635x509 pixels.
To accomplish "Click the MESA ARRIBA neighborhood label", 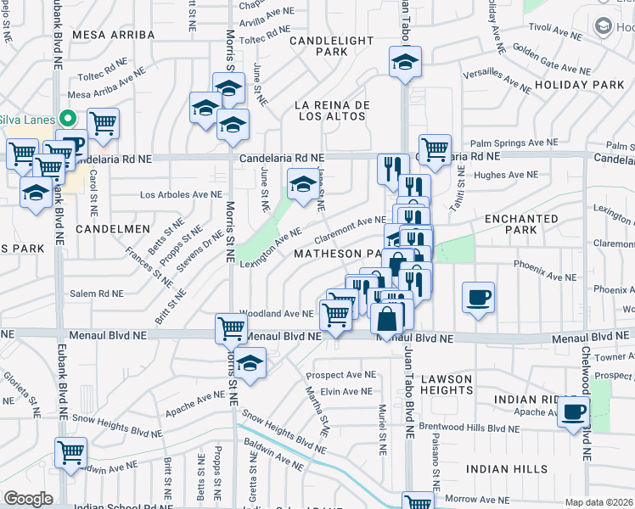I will point(114,35).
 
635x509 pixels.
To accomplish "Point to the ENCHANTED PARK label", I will point(522,224).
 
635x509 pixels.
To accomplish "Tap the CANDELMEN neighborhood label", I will point(113,229).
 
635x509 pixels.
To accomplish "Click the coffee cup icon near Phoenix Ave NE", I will point(478,297).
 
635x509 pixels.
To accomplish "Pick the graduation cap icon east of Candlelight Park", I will point(406,61).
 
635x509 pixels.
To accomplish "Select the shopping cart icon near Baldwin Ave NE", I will point(70,451).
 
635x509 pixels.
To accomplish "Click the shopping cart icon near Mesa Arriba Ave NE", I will point(103,123).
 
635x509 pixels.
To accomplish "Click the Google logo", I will point(28,498).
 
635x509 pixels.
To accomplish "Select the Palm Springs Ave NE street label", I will point(514,143).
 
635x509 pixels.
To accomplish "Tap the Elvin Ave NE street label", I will point(346,391).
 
